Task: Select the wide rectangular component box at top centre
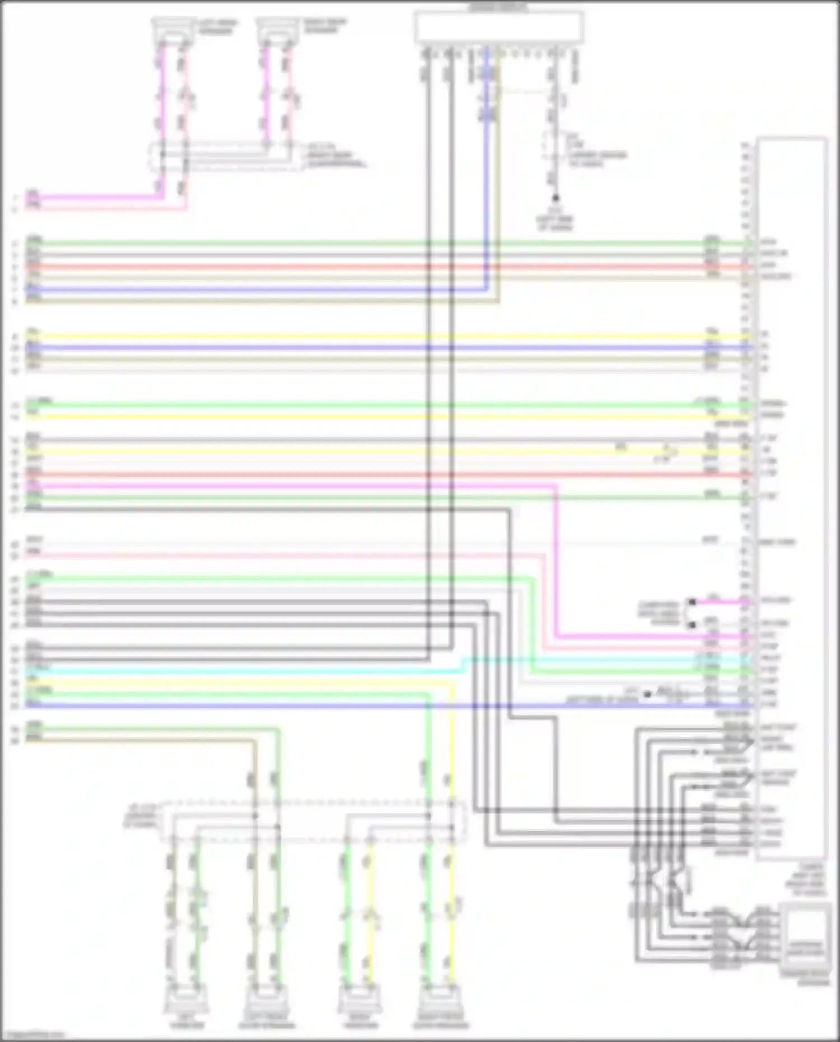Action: tap(498, 27)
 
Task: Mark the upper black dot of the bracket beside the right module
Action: tap(692, 602)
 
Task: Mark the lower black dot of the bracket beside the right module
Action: tap(692, 624)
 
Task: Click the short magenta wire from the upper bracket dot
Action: tap(720, 602)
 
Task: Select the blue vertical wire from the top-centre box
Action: tap(486, 168)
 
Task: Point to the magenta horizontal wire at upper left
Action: tap(95, 197)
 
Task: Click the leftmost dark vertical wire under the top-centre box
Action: tap(428, 336)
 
